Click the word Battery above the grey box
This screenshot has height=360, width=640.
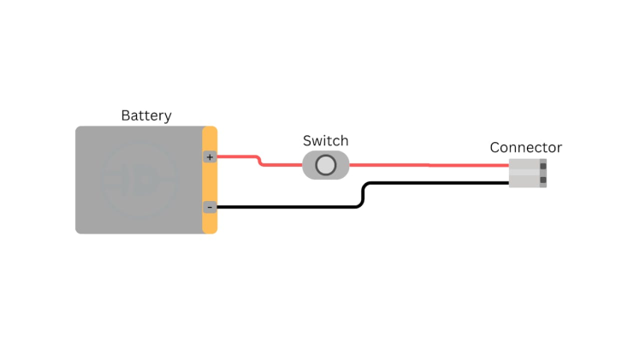point(146,115)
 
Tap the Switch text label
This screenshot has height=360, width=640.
point(326,141)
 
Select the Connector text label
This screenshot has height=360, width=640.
point(525,148)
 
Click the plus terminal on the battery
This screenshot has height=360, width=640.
point(210,157)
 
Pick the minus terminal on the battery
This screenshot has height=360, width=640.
point(210,207)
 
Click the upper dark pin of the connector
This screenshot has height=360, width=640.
point(542,166)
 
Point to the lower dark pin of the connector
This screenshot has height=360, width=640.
point(542,180)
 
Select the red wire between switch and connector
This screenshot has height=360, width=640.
point(428,165)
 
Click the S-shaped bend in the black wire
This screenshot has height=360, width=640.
point(364,195)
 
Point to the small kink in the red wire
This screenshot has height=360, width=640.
point(259,161)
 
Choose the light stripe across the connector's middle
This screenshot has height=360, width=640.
point(525,173)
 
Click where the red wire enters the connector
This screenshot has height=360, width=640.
point(509,166)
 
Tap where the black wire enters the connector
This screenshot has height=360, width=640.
point(509,182)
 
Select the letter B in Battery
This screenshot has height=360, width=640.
point(126,115)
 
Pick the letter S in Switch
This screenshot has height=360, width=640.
point(308,141)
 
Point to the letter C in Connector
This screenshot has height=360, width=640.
point(495,148)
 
